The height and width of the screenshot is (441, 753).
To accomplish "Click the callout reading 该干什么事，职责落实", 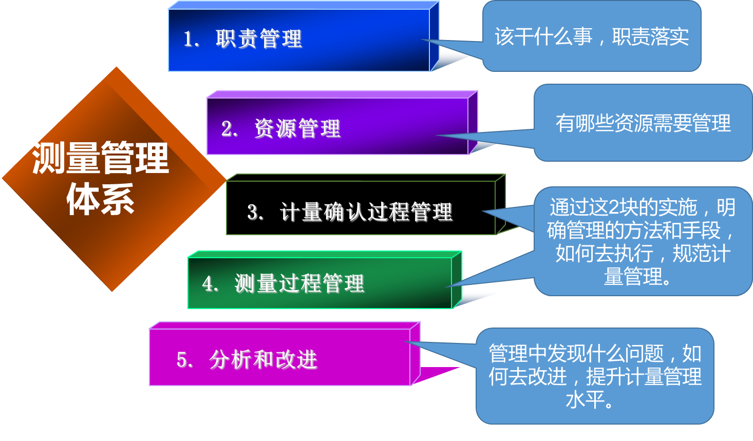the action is click(x=592, y=36).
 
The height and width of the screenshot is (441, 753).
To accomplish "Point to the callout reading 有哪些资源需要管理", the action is click(x=643, y=123).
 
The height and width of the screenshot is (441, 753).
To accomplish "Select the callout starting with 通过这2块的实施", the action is click(x=643, y=241).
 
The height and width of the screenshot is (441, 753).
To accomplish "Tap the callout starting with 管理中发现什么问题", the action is click(x=595, y=376).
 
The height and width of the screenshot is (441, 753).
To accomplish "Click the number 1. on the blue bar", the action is click(x=191, y=39).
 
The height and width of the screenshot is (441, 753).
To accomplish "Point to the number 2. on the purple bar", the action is click(x=229, y=129).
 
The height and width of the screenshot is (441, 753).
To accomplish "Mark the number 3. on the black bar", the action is click(x=255, y=212).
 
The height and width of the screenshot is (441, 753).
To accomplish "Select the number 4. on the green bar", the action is click(x=210, y=284).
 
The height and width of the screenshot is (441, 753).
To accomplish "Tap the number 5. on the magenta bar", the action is click(x=184, y=360).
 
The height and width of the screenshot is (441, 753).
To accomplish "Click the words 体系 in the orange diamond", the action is click(x=101, y=200).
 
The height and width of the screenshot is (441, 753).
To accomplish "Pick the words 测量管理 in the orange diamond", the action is click(x=100, y=158).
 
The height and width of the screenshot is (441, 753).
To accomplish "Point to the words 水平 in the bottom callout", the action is click(x=585, y=400).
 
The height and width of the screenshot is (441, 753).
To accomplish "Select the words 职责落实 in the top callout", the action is click(x=650, y=36).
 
